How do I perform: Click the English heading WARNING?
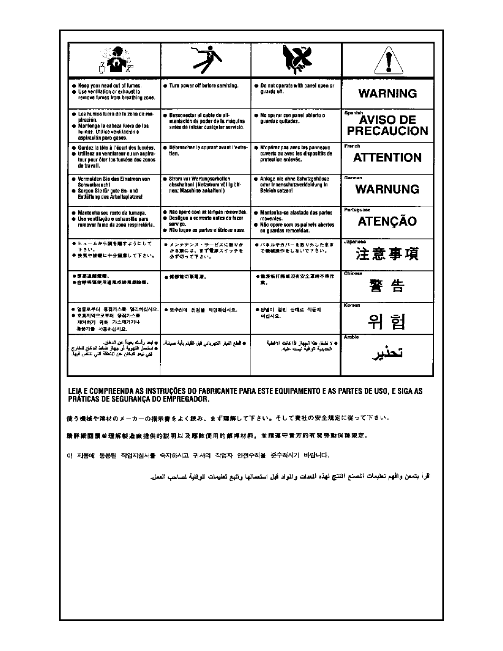388,94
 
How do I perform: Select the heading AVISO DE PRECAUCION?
388,125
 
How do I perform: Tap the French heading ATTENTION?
388,158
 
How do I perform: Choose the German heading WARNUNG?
388,189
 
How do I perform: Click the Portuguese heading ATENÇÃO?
388,221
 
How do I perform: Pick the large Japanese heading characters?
388,254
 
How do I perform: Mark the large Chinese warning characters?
388,286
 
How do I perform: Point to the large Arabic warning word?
388,354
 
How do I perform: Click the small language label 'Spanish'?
353,113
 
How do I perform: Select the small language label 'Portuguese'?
357,210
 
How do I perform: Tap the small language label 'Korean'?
352,305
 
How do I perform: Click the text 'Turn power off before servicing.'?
204,85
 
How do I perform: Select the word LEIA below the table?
76,391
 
